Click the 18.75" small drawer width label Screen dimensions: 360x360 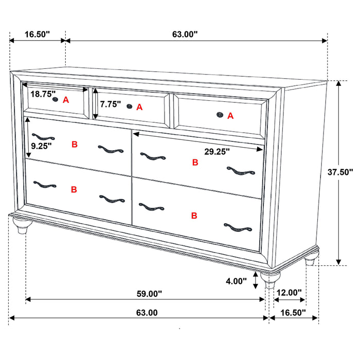coord(43,94)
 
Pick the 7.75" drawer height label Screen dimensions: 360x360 coord(111,104)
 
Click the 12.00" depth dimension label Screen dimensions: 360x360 coord(289,293)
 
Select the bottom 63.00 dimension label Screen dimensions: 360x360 coord(147,312)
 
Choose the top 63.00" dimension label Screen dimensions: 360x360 coord(185,34)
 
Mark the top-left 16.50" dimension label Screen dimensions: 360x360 coord(37,34)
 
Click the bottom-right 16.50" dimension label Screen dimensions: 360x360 coord(292,312)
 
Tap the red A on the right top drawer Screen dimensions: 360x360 coord(230,116)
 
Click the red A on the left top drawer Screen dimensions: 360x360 coord(66,100)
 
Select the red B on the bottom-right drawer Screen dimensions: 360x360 coord(194,215)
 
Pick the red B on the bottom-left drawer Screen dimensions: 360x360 coord(74,189)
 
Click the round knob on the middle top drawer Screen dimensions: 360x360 coord(130,106)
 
